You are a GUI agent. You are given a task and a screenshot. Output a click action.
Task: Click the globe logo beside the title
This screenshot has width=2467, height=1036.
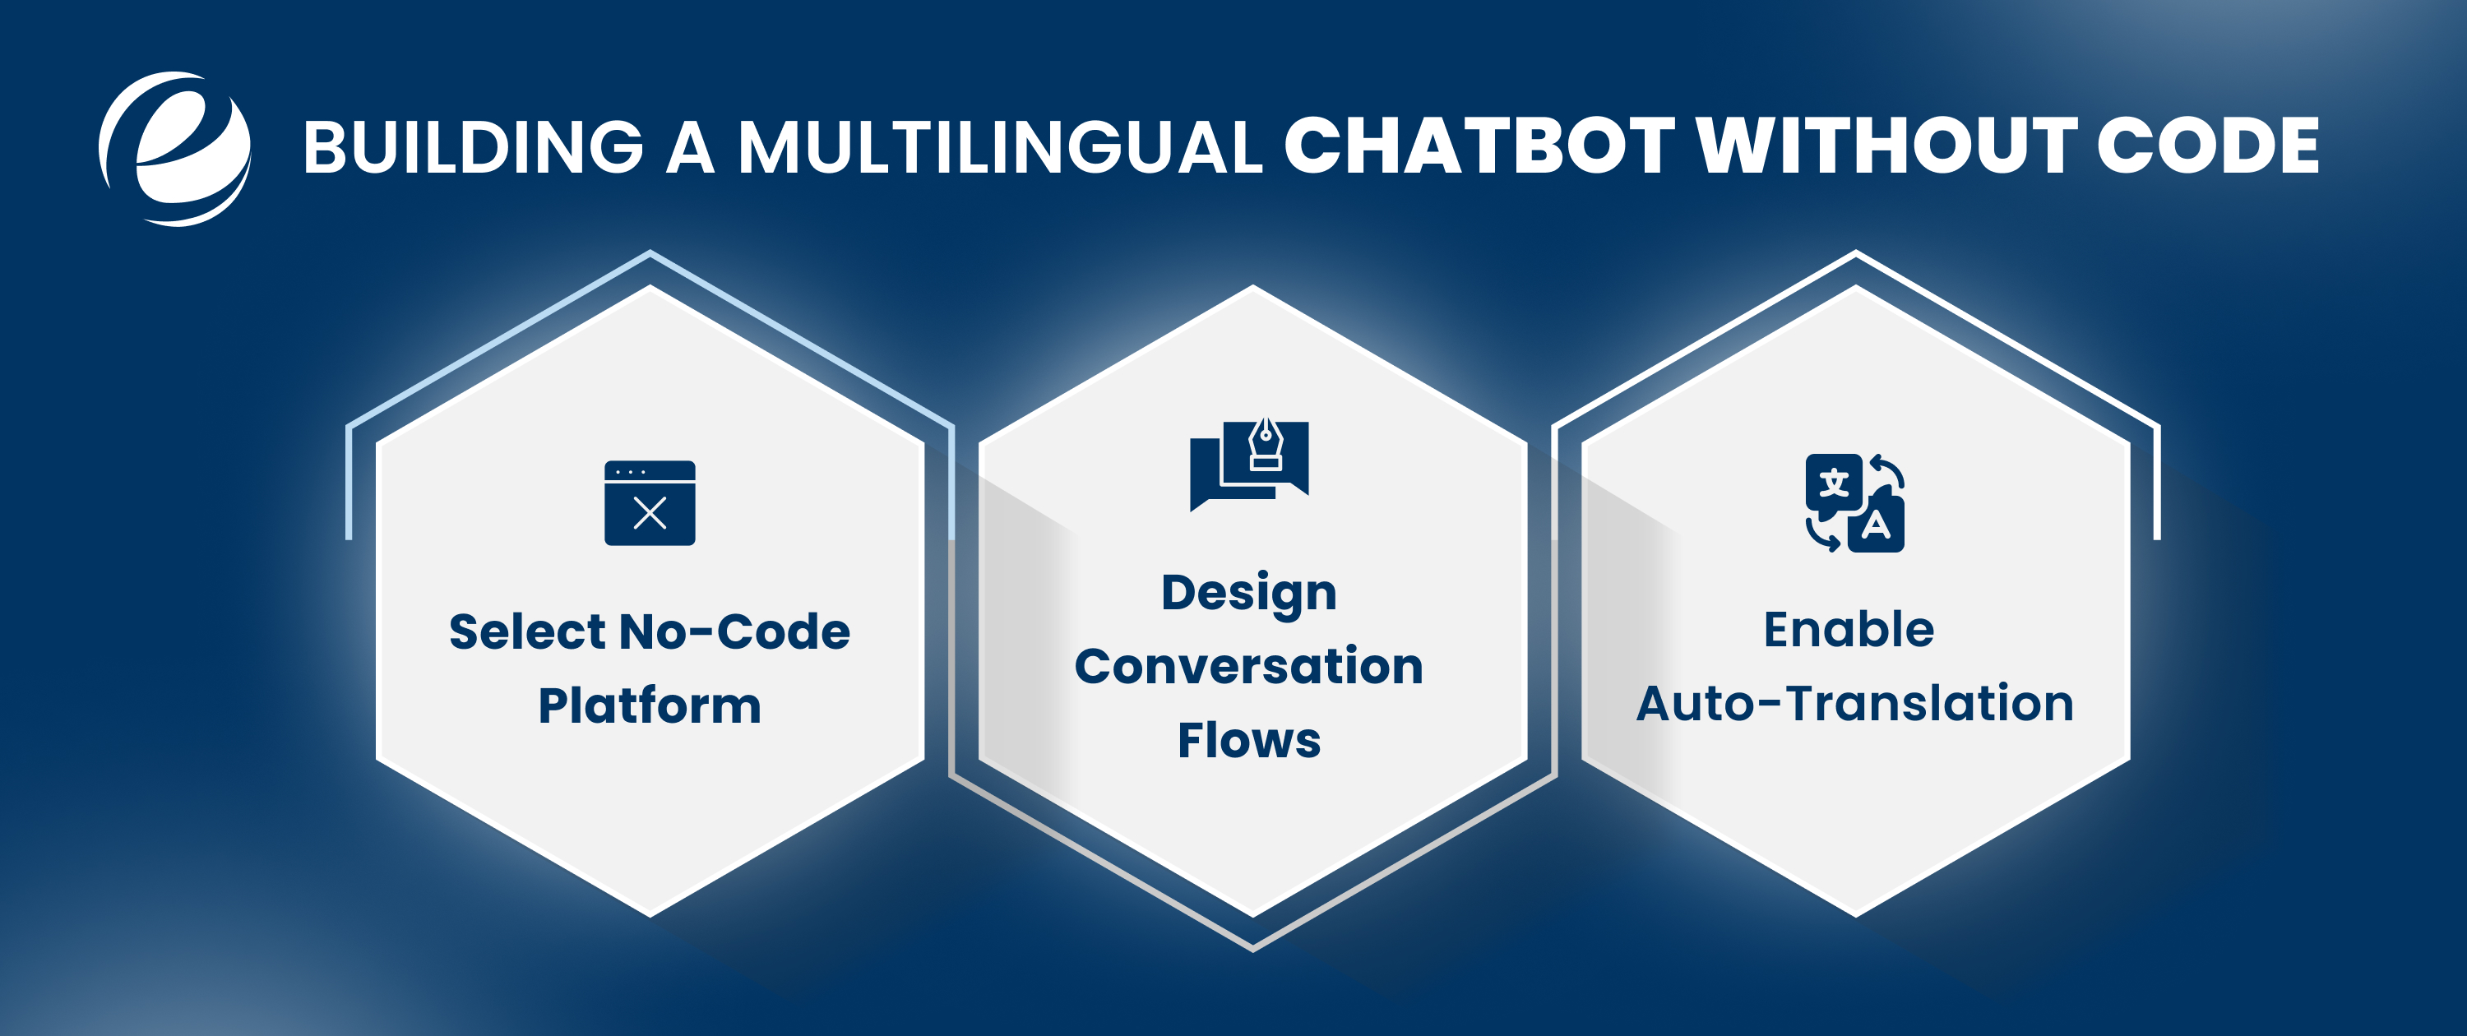coord(175,148)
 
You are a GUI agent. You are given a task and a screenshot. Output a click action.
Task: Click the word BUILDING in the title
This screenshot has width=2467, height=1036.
coord(473,147)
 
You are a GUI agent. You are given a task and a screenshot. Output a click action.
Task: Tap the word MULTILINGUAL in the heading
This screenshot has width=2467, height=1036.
coord(1000,147)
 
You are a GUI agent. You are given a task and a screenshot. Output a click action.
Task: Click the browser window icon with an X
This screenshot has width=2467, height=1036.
coord(650,502)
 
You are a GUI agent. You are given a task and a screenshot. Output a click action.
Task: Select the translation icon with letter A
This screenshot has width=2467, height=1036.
coord(1854,502)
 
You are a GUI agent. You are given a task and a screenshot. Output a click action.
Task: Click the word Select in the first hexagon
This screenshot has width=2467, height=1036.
coord(527,632)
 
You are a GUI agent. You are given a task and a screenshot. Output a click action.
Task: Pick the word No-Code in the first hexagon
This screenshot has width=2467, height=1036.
coord(734,632)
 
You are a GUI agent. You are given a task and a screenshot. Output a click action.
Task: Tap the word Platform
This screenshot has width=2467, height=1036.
coord(650,705)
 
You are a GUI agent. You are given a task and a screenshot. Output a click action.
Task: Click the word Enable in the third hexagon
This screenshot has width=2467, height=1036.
coord(1849,630)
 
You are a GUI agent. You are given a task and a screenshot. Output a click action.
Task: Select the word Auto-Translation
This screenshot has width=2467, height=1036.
coord(1854,704)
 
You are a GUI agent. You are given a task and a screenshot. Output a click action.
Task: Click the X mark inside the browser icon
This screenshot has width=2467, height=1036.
coord(650,514)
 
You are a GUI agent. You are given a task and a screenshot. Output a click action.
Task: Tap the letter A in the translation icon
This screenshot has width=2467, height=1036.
coord(1875,525)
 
